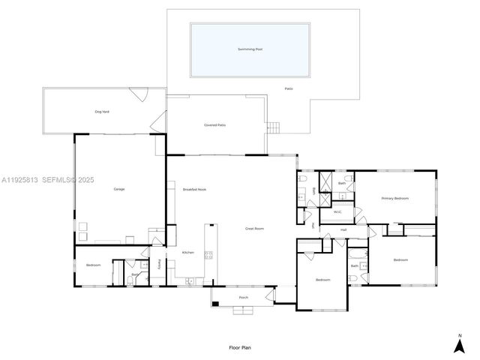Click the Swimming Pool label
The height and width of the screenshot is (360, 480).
pyautogui.click(x=250, y=49)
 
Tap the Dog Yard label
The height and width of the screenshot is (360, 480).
pyautogui.click(x=103, y=112)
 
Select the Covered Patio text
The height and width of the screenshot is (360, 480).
pyautogui.click(x=215, y=125)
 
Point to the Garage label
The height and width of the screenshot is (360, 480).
pyautogui.click(x=119, y=189)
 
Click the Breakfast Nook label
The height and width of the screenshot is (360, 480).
pyautogui.click(x=194, y=189)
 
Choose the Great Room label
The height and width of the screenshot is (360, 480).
pyautogui.click(x=254, y=228)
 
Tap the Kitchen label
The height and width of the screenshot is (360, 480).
pyautogui.click(x=188, y=252)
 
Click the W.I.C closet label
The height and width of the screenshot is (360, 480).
pyautogui.click(x=337, y=212)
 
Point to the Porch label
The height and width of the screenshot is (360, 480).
pyautogui.click(x=244, y=298)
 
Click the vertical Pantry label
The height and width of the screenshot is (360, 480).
pyautogui.click(x=159, y=263)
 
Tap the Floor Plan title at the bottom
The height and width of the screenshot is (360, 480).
pyautogui.click(x=239, y=348)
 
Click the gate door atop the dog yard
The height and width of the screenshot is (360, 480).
pyautogui.click(x=137, y=94)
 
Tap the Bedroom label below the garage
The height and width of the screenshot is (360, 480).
pyautogui.click(x=93, y=265)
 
